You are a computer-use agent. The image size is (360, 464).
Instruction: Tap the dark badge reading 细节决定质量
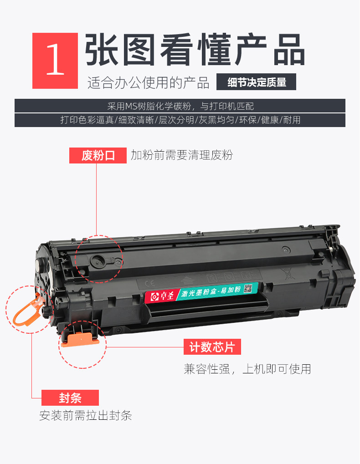(x=257, y=82)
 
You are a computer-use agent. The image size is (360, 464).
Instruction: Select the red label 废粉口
(x=98, y=155)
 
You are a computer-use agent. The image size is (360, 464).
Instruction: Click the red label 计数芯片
(x=212, y=347)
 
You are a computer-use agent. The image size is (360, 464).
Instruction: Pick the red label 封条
(x=70, y=398)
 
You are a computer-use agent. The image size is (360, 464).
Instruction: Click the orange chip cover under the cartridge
(x=80, y=339)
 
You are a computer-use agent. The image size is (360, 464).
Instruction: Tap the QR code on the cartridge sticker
(x=248, y=289)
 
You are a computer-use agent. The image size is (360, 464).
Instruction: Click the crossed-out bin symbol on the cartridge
(x=288, y=273)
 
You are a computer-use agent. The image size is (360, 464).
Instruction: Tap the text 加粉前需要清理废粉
(x=182, y=155)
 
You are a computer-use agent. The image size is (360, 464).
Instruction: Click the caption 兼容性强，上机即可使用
(x=247, y=369)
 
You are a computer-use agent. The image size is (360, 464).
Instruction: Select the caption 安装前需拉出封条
(x=86, y=415)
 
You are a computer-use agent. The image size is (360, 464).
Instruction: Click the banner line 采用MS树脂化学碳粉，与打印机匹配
(x=180, y=106)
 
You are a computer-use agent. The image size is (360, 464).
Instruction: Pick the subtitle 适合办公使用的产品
(x=148, y=82)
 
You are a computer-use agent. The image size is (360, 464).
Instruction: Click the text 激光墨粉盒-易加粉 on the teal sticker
(x=211, y=291)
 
